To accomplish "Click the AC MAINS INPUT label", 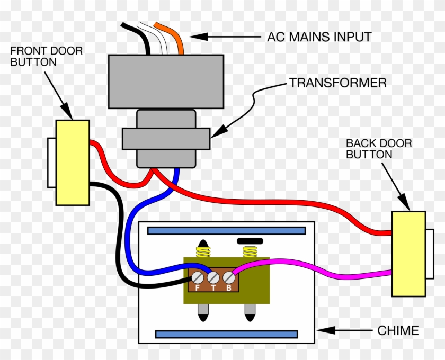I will [319, 38].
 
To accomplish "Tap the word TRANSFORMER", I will [337, 83].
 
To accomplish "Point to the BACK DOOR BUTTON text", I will [378, 149].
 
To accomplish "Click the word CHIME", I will [398, 331].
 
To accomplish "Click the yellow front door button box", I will [73, 162].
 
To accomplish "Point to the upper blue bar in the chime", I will [226, 231].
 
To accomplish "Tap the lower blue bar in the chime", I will [226, 334].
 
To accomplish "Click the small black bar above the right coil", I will [250, 241].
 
